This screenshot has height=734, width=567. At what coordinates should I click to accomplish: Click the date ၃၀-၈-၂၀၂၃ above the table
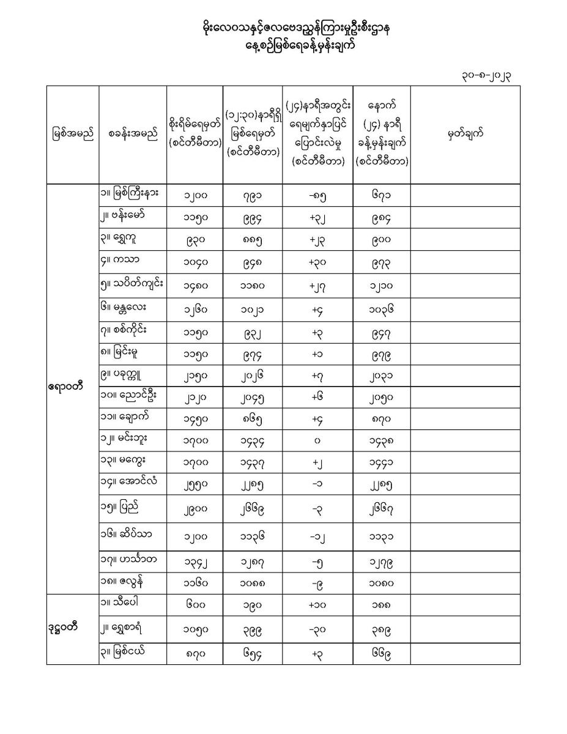pyautogui.click(x=486, y=75)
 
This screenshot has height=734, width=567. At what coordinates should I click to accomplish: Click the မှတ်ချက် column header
pyautogui.click(x=465, y=134)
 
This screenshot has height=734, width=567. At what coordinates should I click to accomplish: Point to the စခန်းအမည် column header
pyautogui.click(x=132, y=134)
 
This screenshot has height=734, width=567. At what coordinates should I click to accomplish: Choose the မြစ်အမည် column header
pyautogui.click(x=72, y=134)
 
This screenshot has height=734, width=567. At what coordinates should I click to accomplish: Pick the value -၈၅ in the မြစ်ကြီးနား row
pyautogui.click(x=317, y=196)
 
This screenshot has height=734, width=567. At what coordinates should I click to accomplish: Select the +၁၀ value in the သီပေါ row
pyautogui.click(x=317, y=606)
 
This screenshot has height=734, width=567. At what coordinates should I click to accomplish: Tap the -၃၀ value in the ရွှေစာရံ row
pyautogui.click(x=317, y=630)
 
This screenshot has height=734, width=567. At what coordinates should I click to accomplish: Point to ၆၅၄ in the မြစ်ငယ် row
pyautogui.click(x=252, y=654)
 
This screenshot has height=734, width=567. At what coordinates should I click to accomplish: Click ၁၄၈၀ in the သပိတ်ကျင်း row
pyautogui.click(x=195, y=286)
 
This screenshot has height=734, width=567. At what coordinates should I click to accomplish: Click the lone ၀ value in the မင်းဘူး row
pyautogui.click(x=317, y=440)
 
